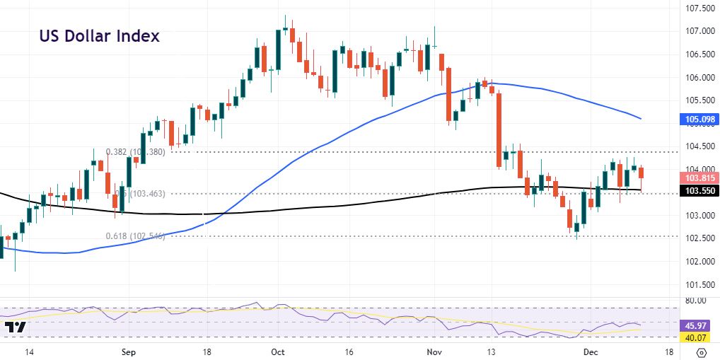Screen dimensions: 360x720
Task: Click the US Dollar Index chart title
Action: (x=99, y=36)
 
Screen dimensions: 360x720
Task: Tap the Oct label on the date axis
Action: (x=278, y=351)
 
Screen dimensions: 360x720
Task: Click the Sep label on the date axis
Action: (x=127, y=351)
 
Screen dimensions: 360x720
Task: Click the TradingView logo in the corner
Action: (x=16, y=327)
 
